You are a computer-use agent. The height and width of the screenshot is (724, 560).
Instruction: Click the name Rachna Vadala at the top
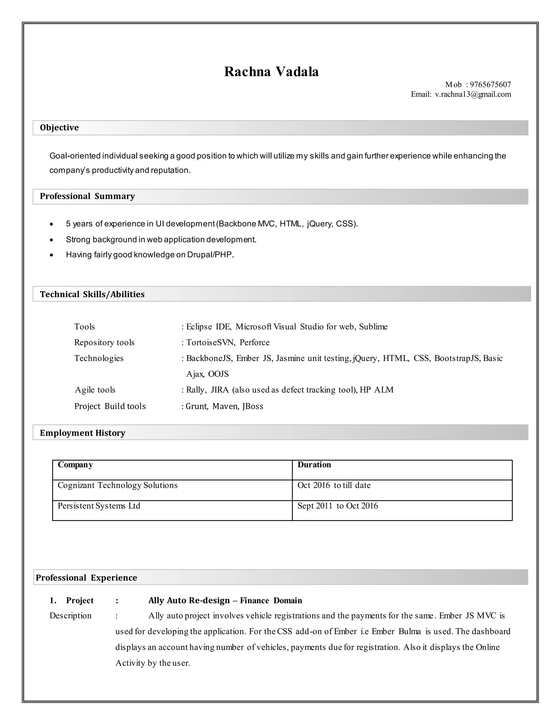click(x=271, y=72)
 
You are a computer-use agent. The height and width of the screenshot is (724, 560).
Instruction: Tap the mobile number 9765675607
click(x=490, y=84)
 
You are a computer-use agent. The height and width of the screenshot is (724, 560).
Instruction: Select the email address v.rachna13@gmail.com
click(x=473, y=95)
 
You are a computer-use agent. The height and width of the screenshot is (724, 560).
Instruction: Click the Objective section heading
click(x=59, y=128)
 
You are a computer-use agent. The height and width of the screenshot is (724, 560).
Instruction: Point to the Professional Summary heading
click(x=87, y=196)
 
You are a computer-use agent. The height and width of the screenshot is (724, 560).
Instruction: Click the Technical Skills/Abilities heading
click(x=92, y=294)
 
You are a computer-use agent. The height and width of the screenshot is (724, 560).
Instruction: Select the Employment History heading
click(x=82, y=433)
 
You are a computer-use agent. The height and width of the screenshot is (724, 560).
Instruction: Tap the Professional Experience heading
click(x=86, y=578)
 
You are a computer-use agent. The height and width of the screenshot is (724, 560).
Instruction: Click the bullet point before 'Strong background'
click(x=51, y=240)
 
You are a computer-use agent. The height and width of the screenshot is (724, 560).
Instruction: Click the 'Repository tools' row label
click(x=104, y=342)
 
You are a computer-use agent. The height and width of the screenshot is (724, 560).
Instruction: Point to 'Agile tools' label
click(x=95, y=390)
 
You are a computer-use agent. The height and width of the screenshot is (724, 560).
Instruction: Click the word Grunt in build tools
click(x=196, y=407)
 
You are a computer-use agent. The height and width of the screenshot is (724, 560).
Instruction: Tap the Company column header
click(x=75, y=465)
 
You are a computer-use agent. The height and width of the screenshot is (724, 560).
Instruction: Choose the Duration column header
click(x=314, y=465)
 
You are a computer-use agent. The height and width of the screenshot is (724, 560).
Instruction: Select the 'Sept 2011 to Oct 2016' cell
click(x=337, y=506)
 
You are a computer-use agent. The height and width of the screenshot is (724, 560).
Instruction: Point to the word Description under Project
click(x=70, y=616)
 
